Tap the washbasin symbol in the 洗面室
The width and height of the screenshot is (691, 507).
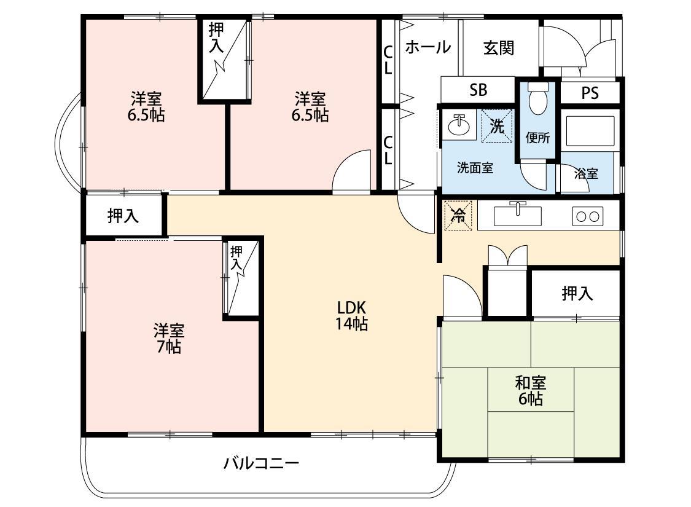[x=458, y=126]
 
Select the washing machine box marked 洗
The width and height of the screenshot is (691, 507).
[x=496, y=126]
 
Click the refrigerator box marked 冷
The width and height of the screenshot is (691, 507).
[x=458, y=215]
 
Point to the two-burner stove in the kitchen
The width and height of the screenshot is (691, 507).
[x=587, y=216]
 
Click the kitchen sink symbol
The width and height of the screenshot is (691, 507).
[x=518, y=215]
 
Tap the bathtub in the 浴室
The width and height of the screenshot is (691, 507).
[x=590, y=130]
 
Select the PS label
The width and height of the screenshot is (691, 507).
[x=590, y=93]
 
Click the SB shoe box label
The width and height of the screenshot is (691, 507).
[x=478, y=90]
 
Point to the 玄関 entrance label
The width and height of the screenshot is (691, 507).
[x=498, y=48]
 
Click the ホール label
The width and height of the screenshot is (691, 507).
[x=427, y=47]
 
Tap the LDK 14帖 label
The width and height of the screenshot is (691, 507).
[x=351, y=315]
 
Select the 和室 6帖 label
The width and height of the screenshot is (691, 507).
[x=529, y=391]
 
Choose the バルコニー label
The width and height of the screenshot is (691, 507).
[x=261, y=463]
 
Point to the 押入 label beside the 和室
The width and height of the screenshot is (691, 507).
[x=577, y=294]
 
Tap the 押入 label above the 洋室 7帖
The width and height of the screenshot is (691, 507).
[x=123, y=215]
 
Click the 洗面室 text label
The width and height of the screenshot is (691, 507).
[x=475, y=168]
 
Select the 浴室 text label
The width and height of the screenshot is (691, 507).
[x=586, y=174]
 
